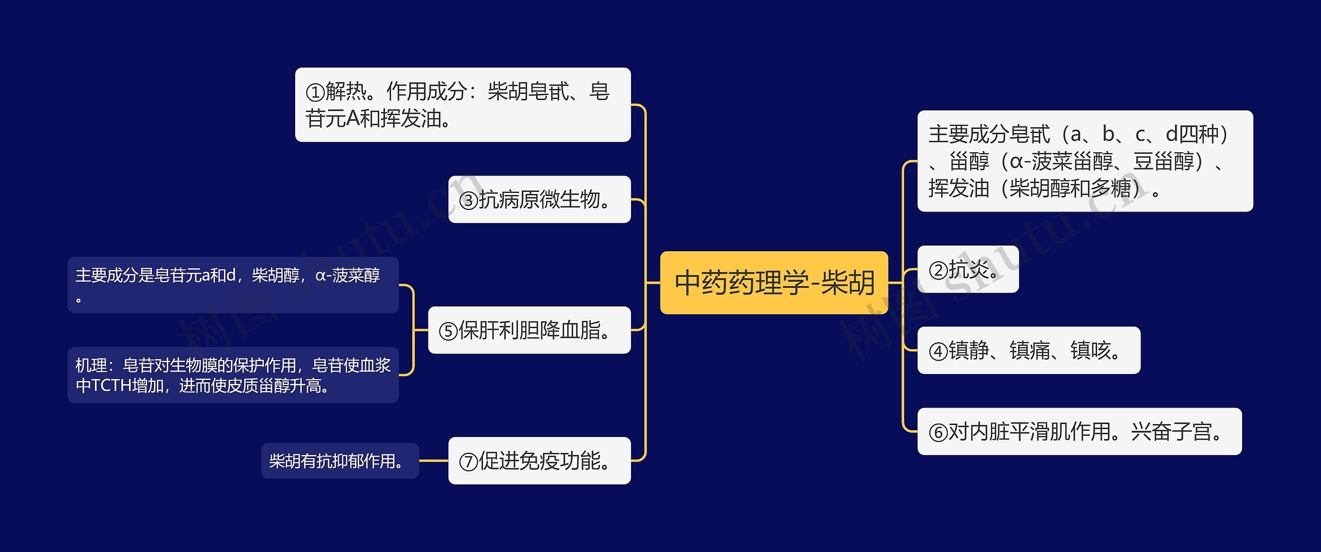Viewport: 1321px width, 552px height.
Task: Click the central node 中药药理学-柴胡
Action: click(x=774, y=283)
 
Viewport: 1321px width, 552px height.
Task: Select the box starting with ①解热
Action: click(x=462, y=105)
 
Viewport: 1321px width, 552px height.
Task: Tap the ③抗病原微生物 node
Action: click(x=539, y=200)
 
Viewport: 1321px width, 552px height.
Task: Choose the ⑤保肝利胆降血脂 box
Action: click(x=529, y=330)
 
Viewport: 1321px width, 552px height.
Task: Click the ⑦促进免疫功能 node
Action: click(x=539, y=461)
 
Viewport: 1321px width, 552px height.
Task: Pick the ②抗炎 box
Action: click(x=968, y=269)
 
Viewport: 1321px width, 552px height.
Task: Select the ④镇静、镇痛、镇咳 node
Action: click(x=1028, y=350)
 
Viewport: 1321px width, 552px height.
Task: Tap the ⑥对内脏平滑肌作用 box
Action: click(x=1079, y=432)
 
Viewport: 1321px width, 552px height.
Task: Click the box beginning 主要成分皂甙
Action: click(x=1085, y=161)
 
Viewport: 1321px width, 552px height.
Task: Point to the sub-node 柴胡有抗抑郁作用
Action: click(x=340, y=461)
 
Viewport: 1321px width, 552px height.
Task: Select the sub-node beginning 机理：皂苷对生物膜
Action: click(x=233, y=375)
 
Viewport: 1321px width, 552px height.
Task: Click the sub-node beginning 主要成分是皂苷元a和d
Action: click(x=233, y=285)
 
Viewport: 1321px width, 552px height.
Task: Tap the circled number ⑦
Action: click(x=469, y=462)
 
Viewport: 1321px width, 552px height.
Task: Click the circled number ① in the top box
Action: click(x=315, y=92)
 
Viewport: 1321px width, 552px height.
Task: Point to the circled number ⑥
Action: click(x=938, y=433)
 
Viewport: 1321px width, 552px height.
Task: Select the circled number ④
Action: click(x=938, y=351)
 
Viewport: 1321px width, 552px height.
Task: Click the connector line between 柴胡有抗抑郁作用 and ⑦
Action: click(x=433, y=461)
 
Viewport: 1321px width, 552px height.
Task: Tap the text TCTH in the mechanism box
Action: click(x=111, y=385)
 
